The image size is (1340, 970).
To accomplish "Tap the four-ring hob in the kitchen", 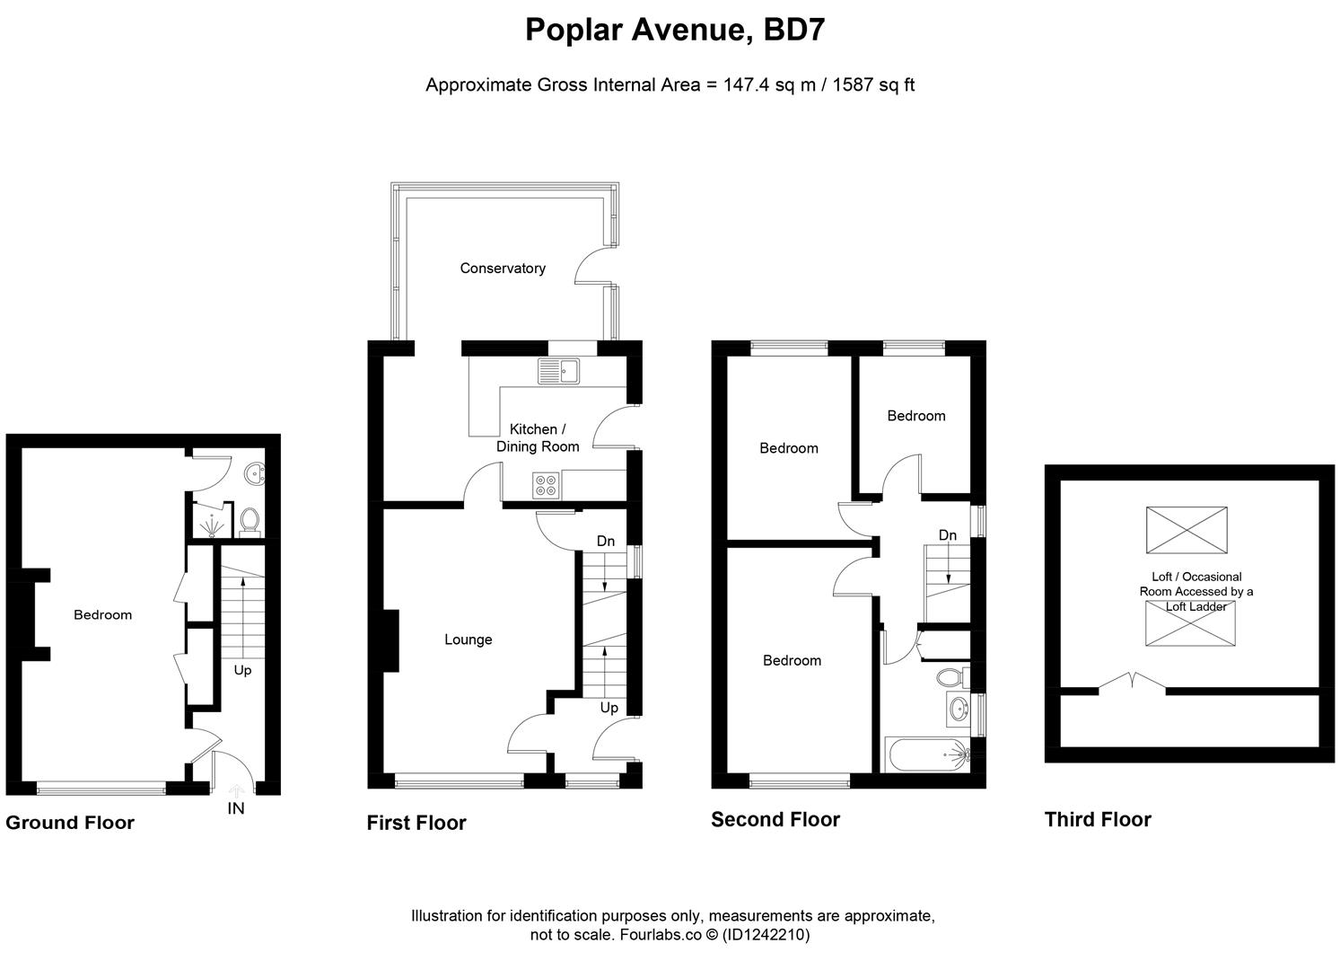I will (546, 485).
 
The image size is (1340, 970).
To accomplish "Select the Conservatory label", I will (503, 268).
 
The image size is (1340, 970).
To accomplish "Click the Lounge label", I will (468, 639).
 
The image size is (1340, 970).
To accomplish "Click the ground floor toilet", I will (250, 520).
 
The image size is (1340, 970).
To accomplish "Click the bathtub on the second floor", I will (933, 754).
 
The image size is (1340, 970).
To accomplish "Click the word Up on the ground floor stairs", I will (242, 670).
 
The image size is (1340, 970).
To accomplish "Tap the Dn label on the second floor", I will (948, 535).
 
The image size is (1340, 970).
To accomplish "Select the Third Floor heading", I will (1097, 819).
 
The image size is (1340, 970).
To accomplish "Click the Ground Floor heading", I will (70, 823).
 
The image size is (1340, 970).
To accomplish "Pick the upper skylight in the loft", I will (1186, 530).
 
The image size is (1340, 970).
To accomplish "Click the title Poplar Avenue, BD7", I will (675, 30).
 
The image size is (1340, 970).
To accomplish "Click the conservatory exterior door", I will (592, 264).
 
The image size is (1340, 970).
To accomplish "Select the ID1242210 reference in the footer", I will (766, 935).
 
